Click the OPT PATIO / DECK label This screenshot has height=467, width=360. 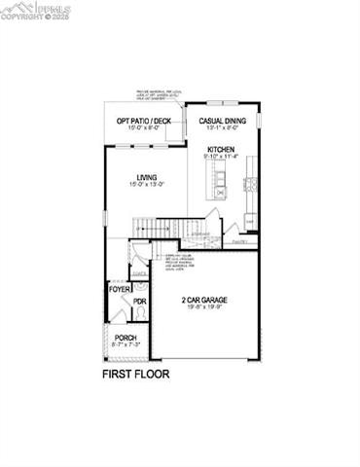[144, 121]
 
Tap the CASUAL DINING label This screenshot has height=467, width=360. [223, 121]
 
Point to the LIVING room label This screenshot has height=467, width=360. [147, 176]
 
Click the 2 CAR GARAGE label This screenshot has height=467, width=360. [204, 300]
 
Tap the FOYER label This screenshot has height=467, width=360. [119, 289]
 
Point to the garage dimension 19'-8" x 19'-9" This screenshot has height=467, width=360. [204, 308]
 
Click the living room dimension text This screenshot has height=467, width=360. [147, 184]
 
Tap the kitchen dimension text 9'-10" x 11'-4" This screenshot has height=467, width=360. [221, 157]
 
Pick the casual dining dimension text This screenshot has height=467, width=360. [223, 128]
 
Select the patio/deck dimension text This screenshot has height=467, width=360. [144, 128]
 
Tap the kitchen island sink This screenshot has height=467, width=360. [221, 193]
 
